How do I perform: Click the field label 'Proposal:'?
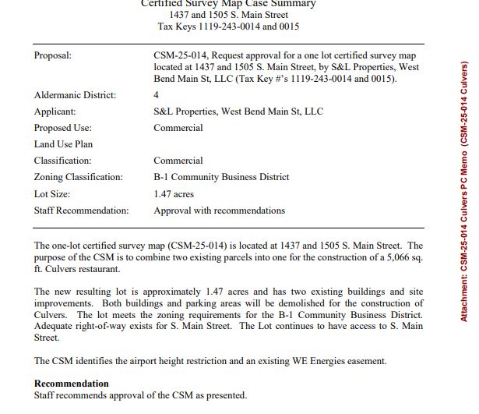point(53,56)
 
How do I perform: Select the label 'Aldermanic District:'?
point(75,95)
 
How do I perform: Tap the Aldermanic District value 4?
point(157,95)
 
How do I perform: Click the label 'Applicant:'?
point(55,111)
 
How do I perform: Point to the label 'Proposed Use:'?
point(63,128)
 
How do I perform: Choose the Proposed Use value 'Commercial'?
point(178,128)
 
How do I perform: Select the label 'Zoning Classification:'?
point(79,177)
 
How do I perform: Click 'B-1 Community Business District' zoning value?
point(221,177)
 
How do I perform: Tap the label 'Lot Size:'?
point(53,193)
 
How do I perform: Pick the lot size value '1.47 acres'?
point(174,193)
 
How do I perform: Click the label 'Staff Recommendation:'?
point(82,211)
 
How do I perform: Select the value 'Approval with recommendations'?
point(220,211)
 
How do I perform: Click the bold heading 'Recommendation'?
point(72,384)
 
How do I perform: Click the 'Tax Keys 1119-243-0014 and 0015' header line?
point(228,26)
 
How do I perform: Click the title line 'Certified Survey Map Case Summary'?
point(228,4)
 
